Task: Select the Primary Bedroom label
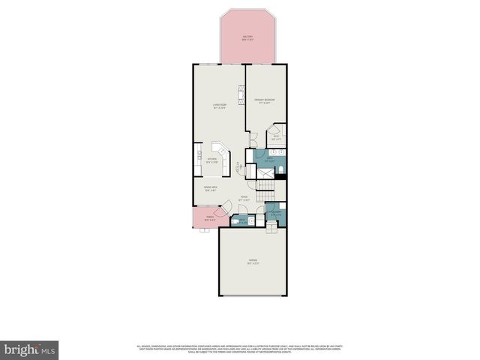(265, 100)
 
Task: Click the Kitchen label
(212, 160)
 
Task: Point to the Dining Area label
(211, 188)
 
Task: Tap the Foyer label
(244, 199)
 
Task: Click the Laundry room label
(276, 214)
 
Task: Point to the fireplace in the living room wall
(241, 95)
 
